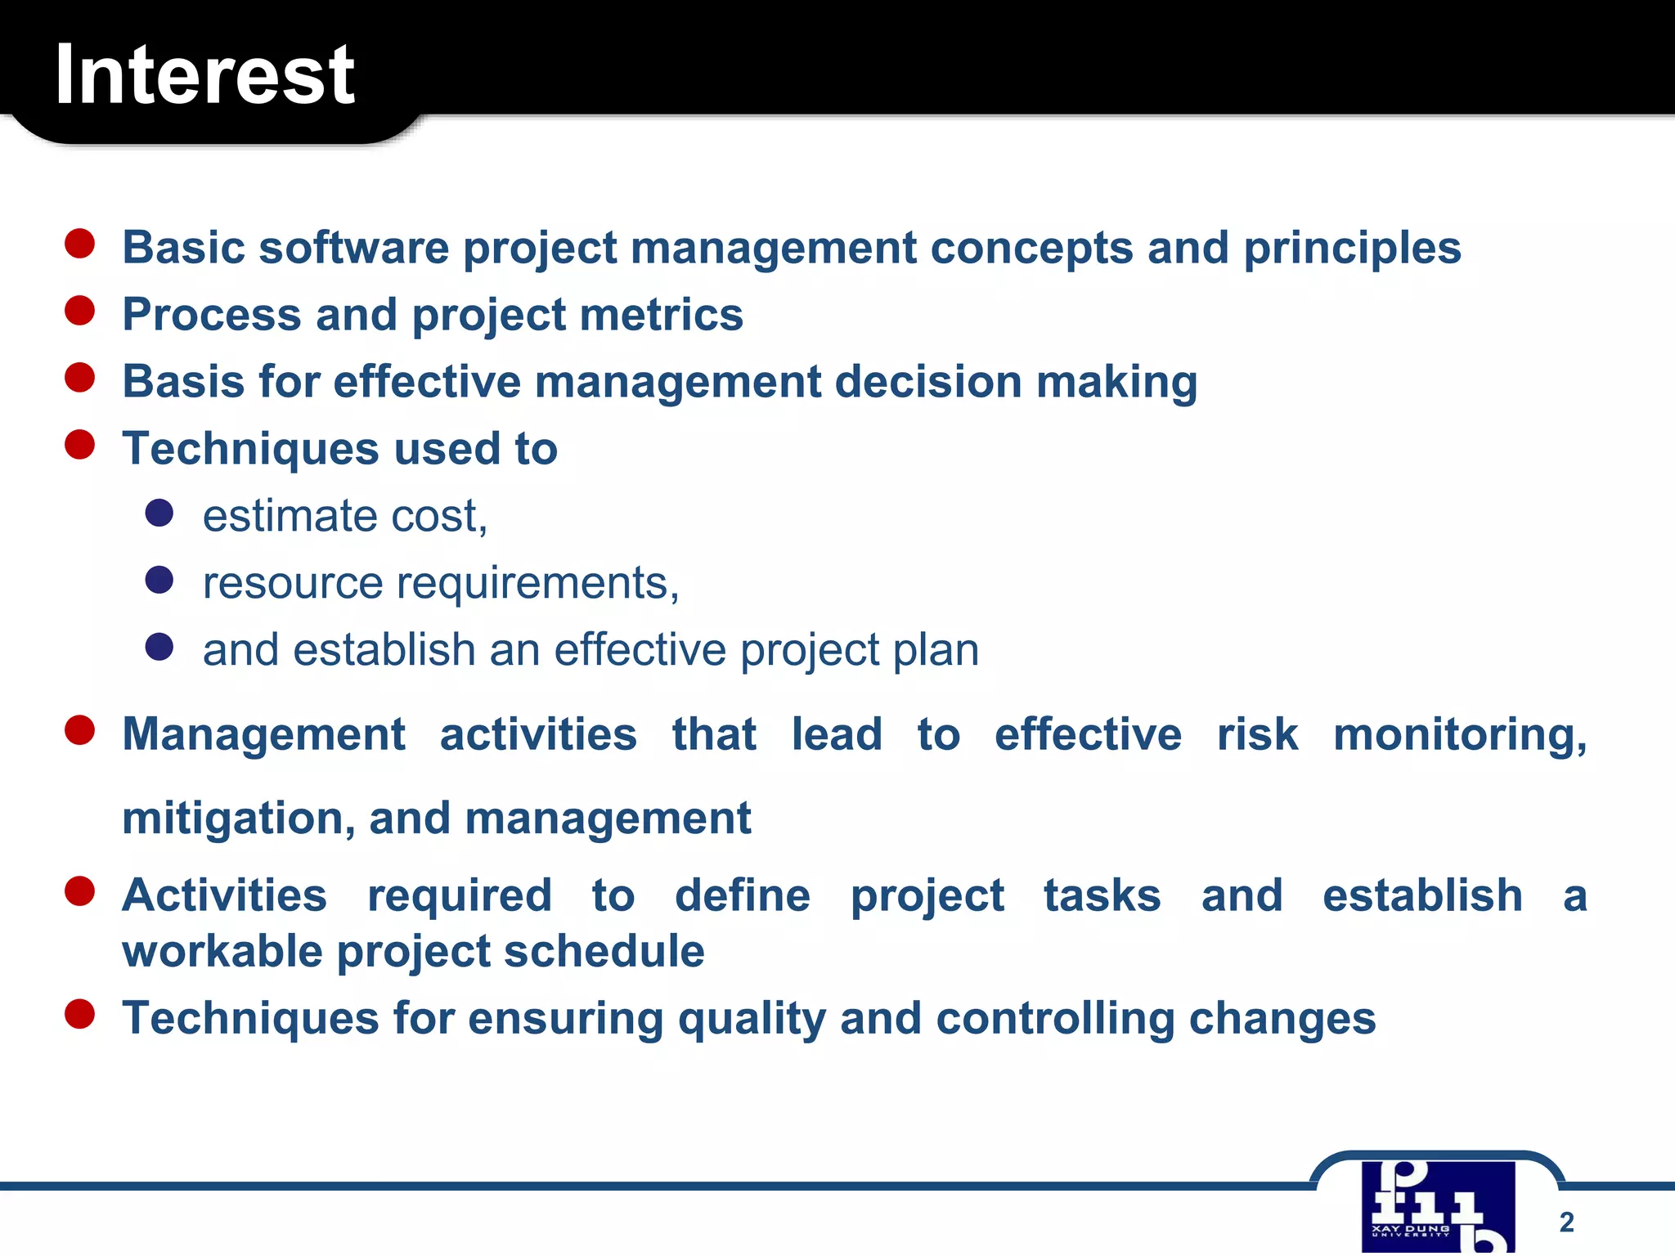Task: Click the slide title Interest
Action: coord(204,75)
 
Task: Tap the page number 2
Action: coord(1566,1222)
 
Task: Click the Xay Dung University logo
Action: coord(1438,1206)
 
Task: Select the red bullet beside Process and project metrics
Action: coord(80,312)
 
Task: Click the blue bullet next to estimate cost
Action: coord(159,514)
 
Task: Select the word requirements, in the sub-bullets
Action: coord(537,584)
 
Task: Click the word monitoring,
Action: coord(1460,734)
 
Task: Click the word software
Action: coord(353,249)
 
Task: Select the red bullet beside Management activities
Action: coord(80,730)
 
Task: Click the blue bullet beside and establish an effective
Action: coord(159,648)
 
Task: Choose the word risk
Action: coord(1256,734)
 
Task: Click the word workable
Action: coord(222,952)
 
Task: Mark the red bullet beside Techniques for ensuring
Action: coord(80,1015)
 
